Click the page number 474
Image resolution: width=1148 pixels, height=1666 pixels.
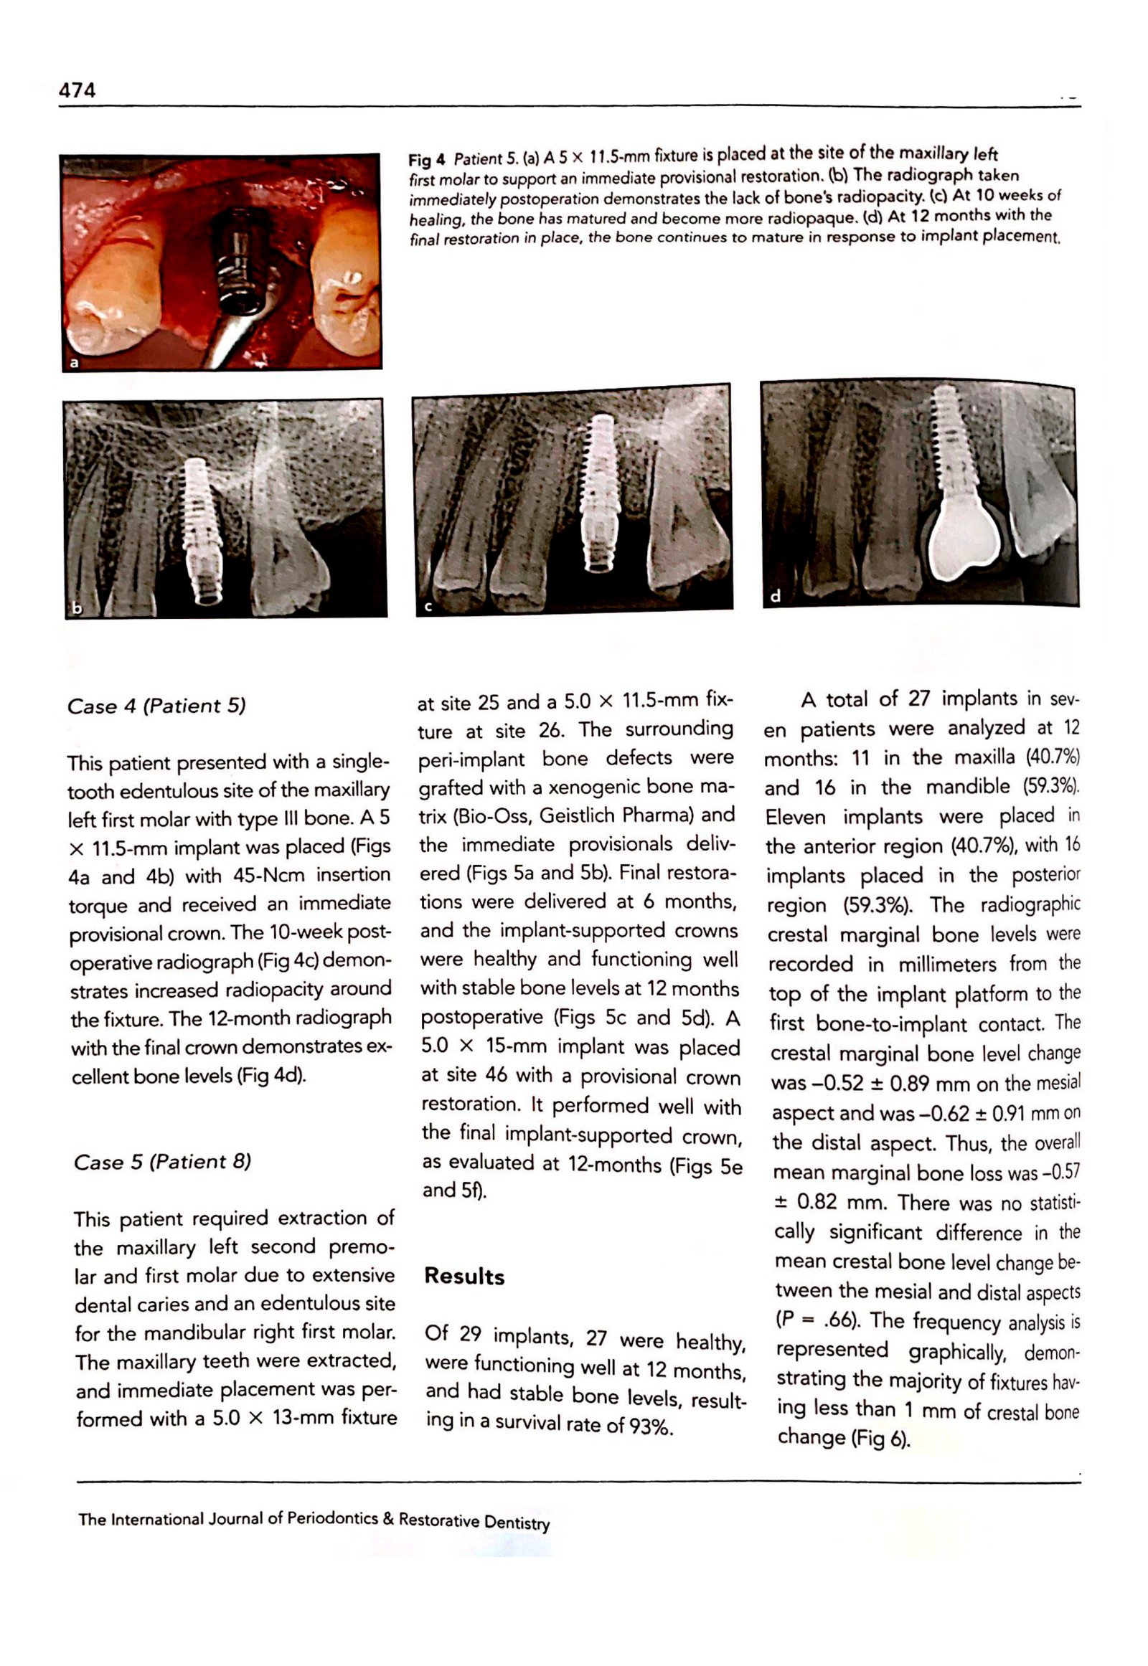(x=77, y=90)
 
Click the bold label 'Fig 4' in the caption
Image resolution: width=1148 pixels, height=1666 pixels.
(x=426, y=160)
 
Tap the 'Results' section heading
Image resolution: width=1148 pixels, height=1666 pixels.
(x=464, y=1277)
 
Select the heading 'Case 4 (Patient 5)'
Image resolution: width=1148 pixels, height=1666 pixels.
(x=156, y=706)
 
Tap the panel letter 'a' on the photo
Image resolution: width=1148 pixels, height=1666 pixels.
(x=73, y=362)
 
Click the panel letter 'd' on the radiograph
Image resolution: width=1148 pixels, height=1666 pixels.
(x=775, y=596)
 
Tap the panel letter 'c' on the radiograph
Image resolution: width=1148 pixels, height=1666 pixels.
(x=427, y=606)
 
